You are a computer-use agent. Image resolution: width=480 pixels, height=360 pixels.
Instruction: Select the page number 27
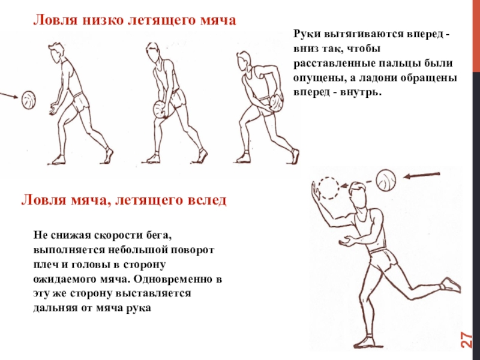click(467, 340)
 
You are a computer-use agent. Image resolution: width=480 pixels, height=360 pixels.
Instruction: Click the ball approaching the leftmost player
click(28, 100)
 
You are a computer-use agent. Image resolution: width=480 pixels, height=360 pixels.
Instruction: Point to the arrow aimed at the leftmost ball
click(9, 95)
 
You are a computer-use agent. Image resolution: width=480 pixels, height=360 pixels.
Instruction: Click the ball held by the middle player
click(160, 109)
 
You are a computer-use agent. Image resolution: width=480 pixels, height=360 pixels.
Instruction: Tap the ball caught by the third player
click(277, 103)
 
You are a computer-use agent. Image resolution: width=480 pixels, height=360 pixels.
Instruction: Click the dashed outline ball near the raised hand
click(328, 188)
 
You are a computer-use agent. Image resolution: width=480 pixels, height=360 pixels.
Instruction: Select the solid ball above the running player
click(386, 181)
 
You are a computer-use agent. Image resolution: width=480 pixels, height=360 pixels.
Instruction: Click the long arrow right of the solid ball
click(422, 175)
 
